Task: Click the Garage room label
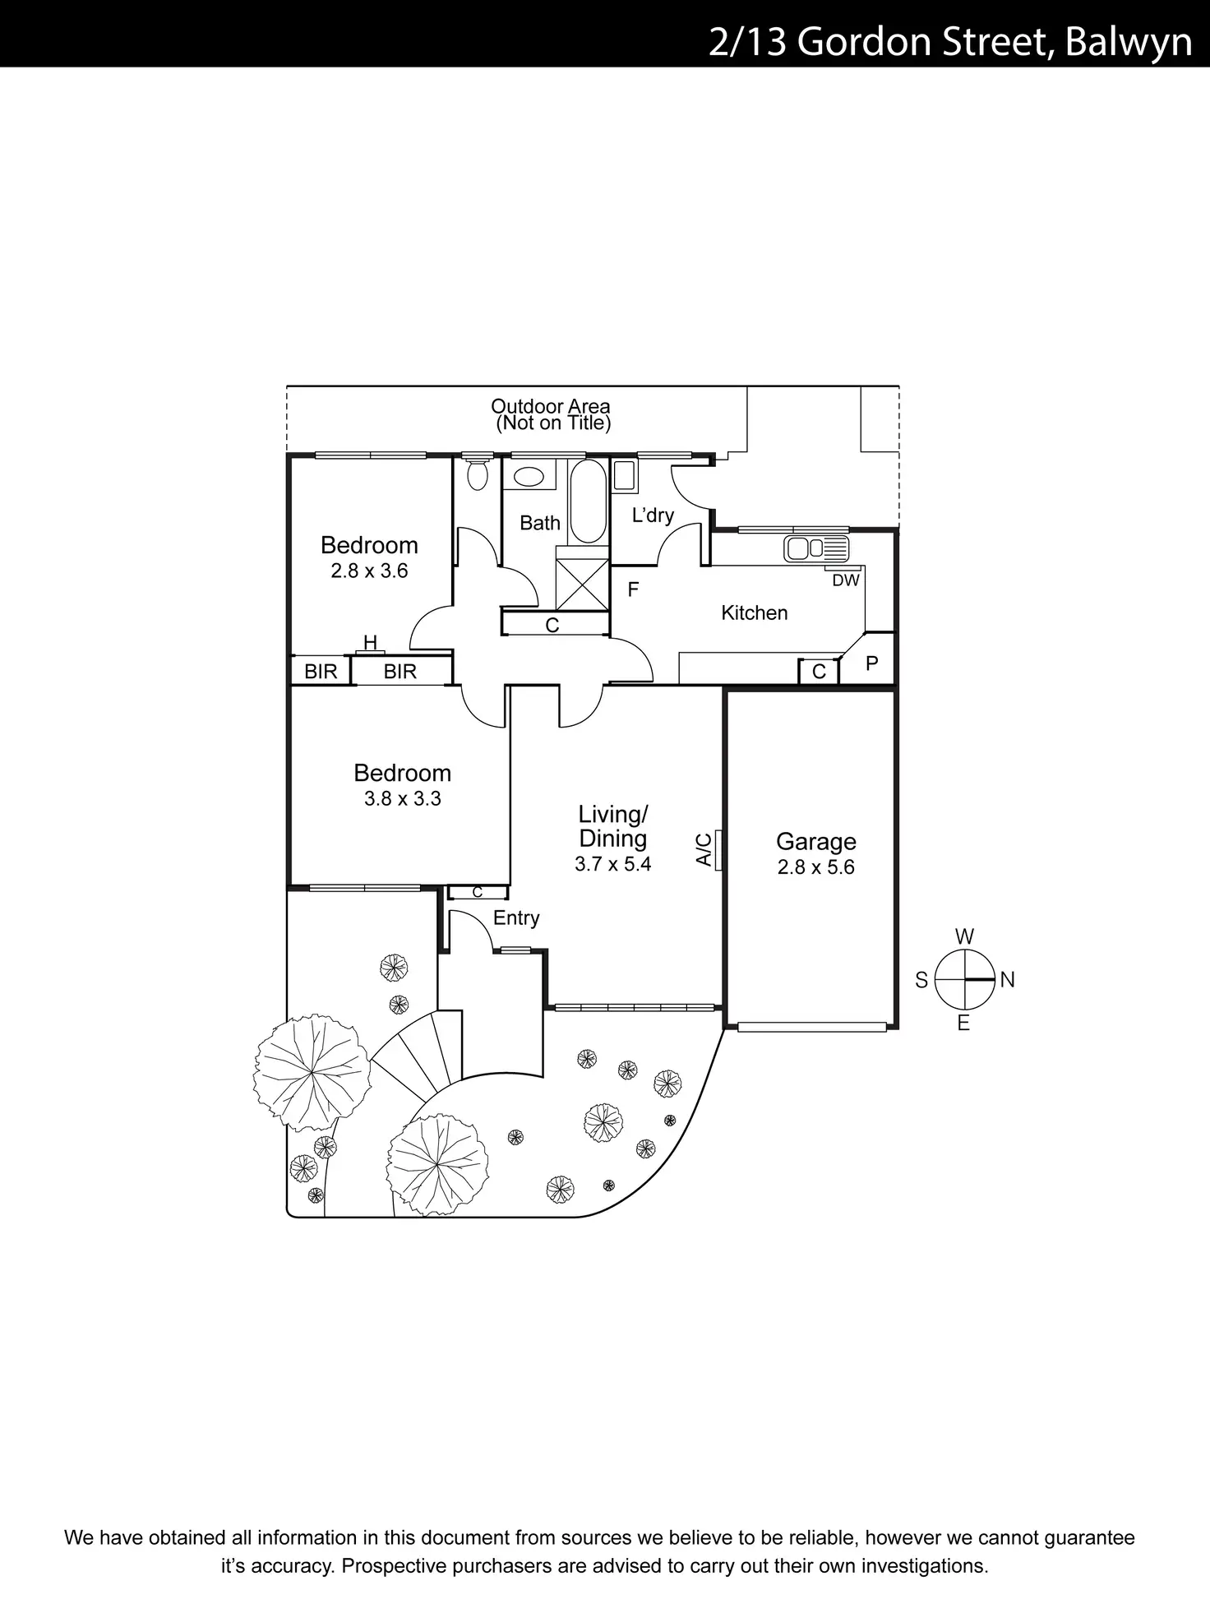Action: click(815, 841)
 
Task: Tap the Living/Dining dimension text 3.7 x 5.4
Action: click(612, 863)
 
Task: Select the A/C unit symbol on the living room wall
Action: click(718, 850)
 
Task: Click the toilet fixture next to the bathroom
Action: click(476, 474)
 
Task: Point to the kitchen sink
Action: click(815, 548)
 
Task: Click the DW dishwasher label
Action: click(845, 580)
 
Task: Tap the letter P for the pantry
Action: click(872, 663)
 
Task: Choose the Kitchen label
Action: click(754, 612)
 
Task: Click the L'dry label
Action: click(653, 515)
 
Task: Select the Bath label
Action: click(540, 523)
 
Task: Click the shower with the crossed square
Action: click(583, 584)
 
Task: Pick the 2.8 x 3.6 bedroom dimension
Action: click(369, 571)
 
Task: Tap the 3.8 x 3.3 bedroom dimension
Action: click(402, 798)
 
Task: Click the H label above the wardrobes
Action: click(370, 643)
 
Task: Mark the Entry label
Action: click(516, 917)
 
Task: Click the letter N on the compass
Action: click(1008, 979)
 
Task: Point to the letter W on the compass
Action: click(964, 936)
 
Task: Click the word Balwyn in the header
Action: click(1128, 42)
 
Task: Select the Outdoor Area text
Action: click(550, 406)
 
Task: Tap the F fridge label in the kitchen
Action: click(633, 589)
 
